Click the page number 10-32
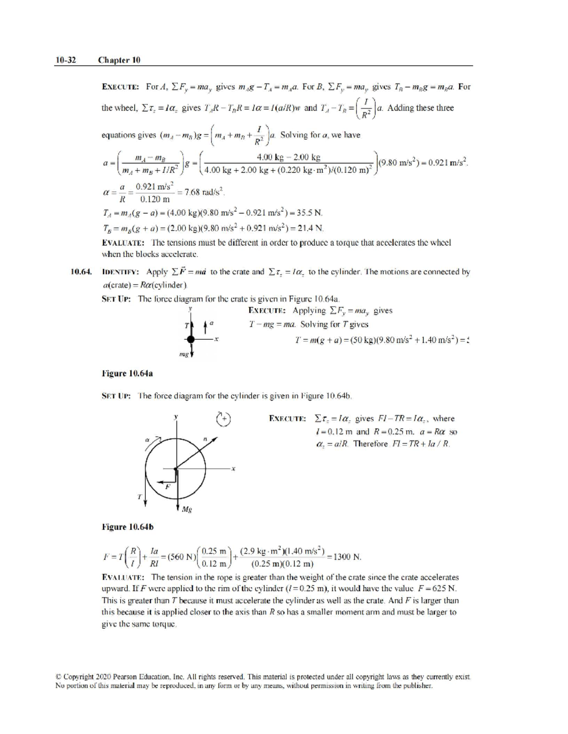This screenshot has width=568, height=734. (x=65, y=60)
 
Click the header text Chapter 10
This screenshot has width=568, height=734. (x=119, y=60)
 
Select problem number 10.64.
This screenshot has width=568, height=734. (x=80, y=272)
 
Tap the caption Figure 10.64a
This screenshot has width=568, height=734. (x=127, y=373)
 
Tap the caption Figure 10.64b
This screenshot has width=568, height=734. (x=128, y=527)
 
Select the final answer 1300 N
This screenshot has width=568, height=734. (x=347, y=557)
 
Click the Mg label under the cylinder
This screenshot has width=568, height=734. (x=186, y=509)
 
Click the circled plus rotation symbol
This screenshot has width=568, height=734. (x=224, y=418)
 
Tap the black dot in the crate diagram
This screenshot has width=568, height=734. (x=191, y=339)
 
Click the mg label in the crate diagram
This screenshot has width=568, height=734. (x=184, y=354)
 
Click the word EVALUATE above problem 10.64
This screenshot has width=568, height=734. (x=123, y=243)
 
